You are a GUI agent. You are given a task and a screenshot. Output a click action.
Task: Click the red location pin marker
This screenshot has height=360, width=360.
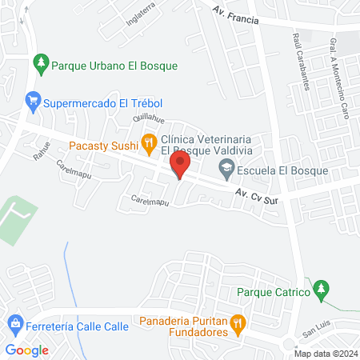coord(179,166)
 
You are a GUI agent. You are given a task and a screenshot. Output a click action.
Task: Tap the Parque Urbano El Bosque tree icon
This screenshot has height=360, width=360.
coord(40,62)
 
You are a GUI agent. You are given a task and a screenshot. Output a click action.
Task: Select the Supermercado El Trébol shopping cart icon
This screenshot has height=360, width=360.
coord(32,101)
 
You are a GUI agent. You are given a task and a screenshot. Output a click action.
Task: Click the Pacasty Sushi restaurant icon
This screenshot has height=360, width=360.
coord(148,143)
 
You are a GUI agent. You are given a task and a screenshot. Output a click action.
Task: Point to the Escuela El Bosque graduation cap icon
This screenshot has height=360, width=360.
coord(227,169)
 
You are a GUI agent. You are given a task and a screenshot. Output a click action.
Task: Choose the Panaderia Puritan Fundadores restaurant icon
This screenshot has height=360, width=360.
coord(238,323)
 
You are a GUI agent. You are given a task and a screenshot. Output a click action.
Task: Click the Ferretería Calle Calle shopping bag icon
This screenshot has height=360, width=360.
coord(14,324)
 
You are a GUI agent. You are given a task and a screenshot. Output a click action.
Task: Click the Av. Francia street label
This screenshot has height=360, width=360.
coord(237,16)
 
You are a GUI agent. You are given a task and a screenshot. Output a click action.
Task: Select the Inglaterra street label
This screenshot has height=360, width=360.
coord(139,17)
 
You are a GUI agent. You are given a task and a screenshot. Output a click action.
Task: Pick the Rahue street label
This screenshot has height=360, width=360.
coord(42,151)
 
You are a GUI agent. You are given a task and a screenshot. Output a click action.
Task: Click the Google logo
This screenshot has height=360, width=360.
coord(26,350)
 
